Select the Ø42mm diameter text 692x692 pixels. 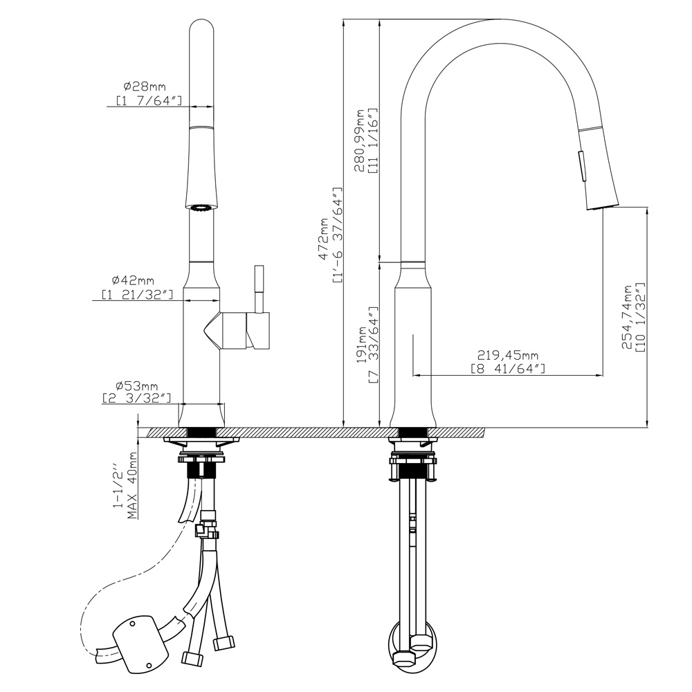(x=133, y=280)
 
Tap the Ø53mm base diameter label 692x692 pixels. (x=137, y=386)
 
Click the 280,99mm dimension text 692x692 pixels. (x=360, y=140)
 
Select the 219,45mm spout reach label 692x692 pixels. (x=507, y=355)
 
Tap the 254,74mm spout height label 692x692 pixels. (x=627, y=316)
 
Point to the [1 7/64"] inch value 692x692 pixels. (x=149, y=100)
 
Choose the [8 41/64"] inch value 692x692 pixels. (x=507, y=368)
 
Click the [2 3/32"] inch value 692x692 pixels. (x=136, y=398)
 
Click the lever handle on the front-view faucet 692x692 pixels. (x=259, y=308)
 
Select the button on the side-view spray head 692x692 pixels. (x=583, y=165)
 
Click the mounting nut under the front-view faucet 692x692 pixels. (x=201, y=459)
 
